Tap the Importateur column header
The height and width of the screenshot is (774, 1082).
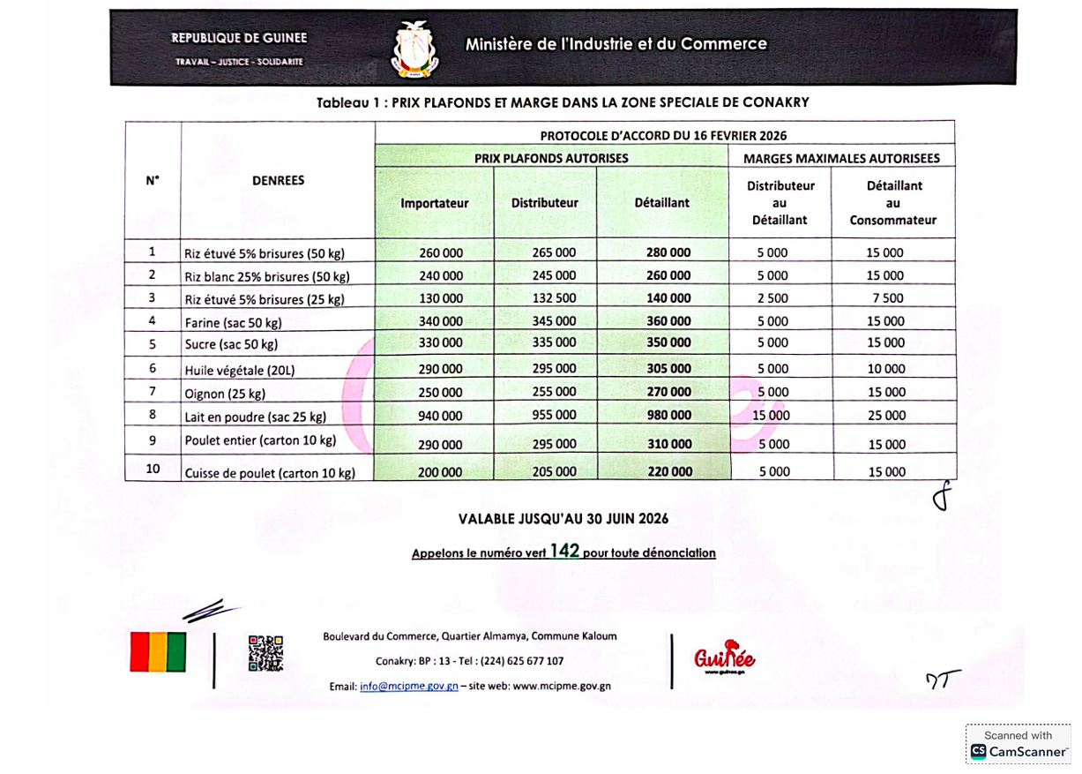[434, 203]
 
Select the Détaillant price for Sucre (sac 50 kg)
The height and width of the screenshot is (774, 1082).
[668, 342]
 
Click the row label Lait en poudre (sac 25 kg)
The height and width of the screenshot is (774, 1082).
[256, 417]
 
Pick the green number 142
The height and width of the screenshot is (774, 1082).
[564, 552]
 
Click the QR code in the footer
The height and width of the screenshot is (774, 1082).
[265, 654]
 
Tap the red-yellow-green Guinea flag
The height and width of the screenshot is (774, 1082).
[158, 652]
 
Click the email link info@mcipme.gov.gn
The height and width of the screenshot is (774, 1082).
[409, 686]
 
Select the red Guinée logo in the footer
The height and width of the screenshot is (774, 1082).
[724, 657]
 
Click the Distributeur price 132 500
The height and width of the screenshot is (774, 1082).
[554, 298]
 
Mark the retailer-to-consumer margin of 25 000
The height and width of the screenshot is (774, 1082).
[886, 415]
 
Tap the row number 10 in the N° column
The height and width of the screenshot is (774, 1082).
[153, 470]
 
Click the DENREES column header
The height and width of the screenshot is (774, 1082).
[278, 180]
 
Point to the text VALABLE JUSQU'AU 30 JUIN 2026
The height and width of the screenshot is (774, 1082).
[563, 519]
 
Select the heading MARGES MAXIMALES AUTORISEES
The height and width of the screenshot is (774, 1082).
[841, 159]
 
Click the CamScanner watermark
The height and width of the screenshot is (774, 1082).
[1019, 744]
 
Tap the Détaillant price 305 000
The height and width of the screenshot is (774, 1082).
[668, 369]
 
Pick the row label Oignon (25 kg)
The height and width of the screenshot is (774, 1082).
[225, 394]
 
